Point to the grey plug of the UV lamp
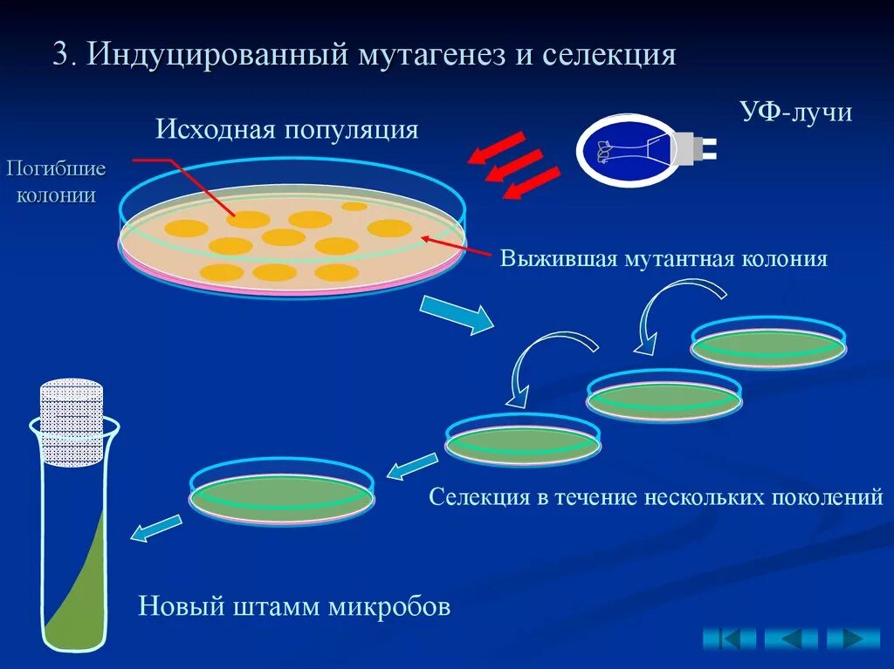(x=698, y=147)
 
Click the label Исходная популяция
(x=287, y=130)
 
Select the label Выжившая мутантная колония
(x=664, y=259)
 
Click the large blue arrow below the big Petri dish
(x=457, y=314)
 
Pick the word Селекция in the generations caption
(x=479, y=497)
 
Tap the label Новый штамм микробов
(x=294, y=606)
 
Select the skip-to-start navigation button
(x=730, y=638)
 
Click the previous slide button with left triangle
(x=791, y=638)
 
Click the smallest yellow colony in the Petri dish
(x=354, y=207)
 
